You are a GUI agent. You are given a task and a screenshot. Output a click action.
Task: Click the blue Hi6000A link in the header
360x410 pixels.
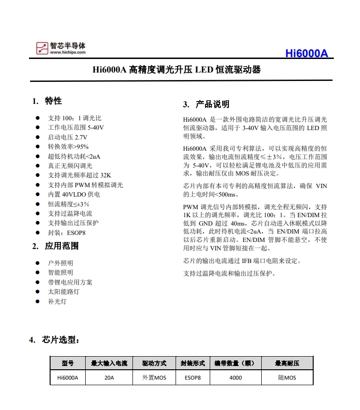(307, 53)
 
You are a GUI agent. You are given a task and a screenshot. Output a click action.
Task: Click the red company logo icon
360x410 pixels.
(42, 48)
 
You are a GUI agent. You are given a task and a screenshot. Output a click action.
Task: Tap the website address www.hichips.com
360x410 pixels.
(68, 52)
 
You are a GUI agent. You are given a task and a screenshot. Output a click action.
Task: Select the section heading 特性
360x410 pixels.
(53, 101)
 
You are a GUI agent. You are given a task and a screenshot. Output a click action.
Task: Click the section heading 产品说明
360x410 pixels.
(212, 104)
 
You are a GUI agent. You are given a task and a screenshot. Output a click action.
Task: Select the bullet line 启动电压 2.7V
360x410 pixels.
(67, 137)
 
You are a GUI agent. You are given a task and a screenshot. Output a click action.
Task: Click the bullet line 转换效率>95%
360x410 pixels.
(68, 146)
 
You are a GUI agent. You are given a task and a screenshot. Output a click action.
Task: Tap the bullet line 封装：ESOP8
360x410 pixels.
(66, 233)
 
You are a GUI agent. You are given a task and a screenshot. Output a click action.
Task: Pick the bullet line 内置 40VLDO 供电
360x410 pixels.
(73, 194)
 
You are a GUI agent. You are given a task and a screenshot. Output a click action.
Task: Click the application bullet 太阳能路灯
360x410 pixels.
(64, 292)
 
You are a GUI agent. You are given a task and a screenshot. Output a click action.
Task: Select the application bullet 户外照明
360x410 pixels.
(60, 263)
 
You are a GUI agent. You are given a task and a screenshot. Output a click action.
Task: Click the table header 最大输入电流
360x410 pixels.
(109, 363)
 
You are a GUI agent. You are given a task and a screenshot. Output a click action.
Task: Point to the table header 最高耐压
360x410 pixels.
(287, 363)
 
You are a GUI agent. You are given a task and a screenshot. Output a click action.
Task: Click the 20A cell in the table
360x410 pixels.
(109, 378)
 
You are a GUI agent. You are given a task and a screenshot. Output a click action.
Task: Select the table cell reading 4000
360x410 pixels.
(236, 378)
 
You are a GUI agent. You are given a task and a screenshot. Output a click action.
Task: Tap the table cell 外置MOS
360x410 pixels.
(154, 378)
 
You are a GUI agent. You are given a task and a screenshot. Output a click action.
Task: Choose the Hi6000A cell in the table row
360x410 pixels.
(67, 378)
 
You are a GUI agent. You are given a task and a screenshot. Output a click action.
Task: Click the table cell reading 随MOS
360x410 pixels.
(287, 378)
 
